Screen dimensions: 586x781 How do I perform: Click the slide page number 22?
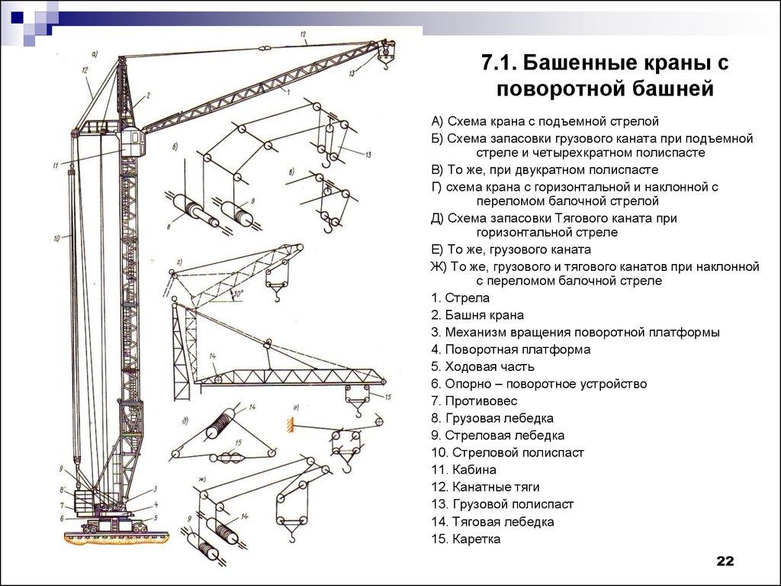pyautogui.click(x=724, y=562)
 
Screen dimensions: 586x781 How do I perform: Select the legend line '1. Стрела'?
pyautogui.click(x=460, y=298)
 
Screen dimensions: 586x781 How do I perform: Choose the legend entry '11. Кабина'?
pyautogui.click(x=464, y=470)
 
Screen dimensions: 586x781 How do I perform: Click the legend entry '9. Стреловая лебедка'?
pyautogui.click(x=497, y=436)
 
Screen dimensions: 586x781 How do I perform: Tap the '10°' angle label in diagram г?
pyautogui.click(x=238, y=292)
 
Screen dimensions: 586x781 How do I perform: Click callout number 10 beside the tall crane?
pyautogui.click(x=56, y=239)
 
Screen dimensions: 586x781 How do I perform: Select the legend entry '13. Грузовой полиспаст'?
pyautogui.click(x=502, y=504)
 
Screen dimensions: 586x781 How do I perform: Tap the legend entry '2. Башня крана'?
pyautogui.click(x=477, y=315)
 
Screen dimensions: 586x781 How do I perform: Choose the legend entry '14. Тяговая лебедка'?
pyautogui.click(x=492, y=522)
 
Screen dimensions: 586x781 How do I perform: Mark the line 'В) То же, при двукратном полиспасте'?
pyautogui.click(x=545, y=170)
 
